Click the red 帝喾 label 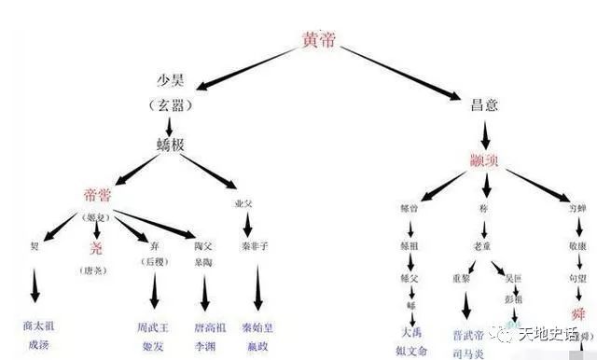104,196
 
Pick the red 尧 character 97,248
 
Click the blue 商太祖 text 37,325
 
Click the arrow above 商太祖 35,284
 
